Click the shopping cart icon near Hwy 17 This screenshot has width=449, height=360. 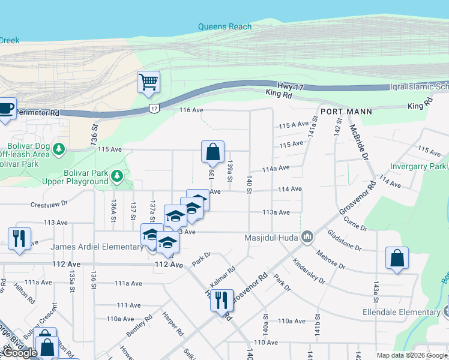point(148,82)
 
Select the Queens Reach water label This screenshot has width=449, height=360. point(225,26)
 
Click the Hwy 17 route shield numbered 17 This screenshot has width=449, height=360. point(154,109)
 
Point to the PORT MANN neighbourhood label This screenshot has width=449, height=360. point(346,112)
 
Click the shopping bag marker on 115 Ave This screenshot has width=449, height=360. point(213,152)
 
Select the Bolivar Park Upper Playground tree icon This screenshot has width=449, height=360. point(117,176)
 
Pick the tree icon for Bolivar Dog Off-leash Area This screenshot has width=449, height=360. point(59,148)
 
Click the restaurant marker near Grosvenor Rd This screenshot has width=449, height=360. point(221,299)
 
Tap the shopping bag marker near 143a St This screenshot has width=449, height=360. point(397,259)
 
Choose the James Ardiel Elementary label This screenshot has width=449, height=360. point(97,247)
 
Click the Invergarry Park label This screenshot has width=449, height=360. point(418,166)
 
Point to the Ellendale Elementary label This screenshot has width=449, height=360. point(401,313)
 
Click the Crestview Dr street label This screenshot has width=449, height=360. point(50,205)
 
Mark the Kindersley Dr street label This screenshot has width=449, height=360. point(309,272)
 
